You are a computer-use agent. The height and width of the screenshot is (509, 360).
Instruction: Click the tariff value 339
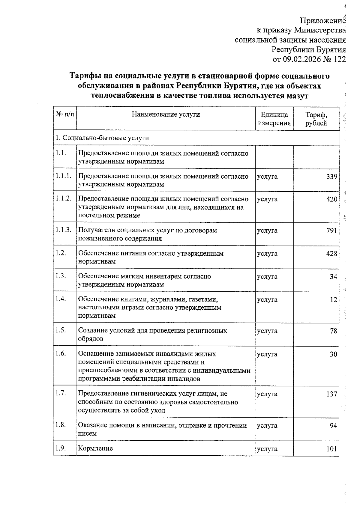pyautogui.click(x=332, y=177)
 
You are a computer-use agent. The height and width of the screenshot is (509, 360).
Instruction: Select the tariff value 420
pyautogui.click(x=332, y=199)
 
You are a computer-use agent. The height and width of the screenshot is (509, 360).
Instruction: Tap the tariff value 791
pyautogui.click(x=332, y=231)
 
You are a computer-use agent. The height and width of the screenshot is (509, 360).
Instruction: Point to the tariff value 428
pyautogui.click(x=332, y=254)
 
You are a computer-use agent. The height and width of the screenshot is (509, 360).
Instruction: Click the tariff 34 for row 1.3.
pyautogui.click(x=334, y=277)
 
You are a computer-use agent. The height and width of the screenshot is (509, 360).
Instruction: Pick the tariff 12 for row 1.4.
pyautogui.click(x=334, y=300)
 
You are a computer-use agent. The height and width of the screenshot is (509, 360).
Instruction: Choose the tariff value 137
pyautogui.click(x=332, y=394)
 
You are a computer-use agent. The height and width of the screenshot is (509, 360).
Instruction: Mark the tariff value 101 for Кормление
pyautogui.click(x=332, y=449)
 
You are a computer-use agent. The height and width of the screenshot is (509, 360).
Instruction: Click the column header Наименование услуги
pyautogui.click(x=166, y=114)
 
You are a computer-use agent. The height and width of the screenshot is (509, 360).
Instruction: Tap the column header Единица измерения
pyautogui.click(x=274, y=119)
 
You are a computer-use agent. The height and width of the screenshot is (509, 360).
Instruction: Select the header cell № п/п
pyautogui.click(x=65, y=114)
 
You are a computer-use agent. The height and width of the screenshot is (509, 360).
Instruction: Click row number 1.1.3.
pyautogui.click(x=63, y=230)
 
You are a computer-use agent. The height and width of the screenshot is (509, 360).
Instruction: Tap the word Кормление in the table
pyautogui.click(x=95, y=448)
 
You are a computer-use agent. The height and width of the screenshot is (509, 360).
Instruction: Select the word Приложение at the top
pyautogui.click(x=323, y=21)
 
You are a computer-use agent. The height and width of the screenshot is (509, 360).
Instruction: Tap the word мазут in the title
pyautogui.click(x=296, y=96)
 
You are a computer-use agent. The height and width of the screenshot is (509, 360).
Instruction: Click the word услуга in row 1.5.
pyautogui.click(x=267, y=331)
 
